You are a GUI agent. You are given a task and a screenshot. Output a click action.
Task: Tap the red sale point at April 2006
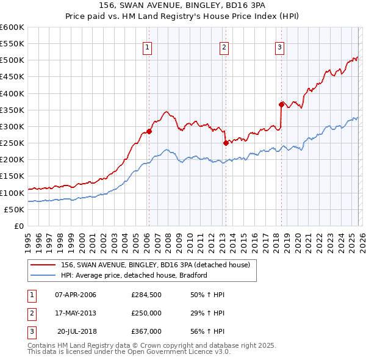coord(149,131)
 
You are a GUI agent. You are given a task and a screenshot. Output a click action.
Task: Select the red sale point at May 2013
coord(226,143)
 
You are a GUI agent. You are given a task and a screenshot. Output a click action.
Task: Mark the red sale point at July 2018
coord(281,104)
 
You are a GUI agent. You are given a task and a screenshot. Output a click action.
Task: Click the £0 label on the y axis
coord(18,226)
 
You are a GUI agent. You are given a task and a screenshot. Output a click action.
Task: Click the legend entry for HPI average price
coord(134,275)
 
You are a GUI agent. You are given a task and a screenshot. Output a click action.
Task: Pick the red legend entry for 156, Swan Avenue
coord(159,264)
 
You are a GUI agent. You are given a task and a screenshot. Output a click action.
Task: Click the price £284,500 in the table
coord(146,295)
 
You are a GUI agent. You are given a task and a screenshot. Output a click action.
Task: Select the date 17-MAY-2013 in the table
coord(76,313)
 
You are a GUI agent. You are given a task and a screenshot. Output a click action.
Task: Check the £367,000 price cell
coord(146,331)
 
